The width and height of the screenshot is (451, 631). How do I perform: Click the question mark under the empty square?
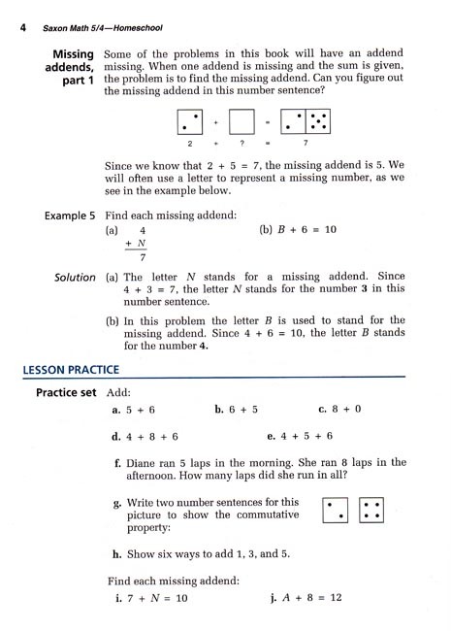242,145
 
